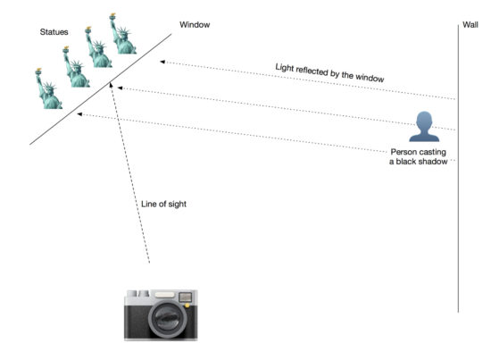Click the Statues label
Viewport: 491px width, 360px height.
[x=54, y=32]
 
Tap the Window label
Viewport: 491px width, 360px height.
[x=195, y=25]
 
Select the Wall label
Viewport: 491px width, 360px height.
[x=470, y=25]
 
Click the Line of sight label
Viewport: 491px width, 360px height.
[x=163, y=204]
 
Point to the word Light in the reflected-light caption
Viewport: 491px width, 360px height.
[x=285, y=68]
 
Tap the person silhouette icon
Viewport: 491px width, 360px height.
[x=424, y=127]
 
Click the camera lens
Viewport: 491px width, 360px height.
[x=168, y=319]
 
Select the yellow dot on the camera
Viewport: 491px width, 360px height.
[x=187, y=306]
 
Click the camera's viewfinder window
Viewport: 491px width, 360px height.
[x=185, y=297]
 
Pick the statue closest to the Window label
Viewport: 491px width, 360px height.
[x=122, y=34]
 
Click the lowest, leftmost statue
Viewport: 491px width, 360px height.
[x=48, y=88]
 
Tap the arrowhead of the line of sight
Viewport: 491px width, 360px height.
[x=111, y=84]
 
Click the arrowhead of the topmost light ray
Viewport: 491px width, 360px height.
[x=162, y=62]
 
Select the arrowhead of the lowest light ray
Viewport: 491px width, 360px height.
[x=79, y=114]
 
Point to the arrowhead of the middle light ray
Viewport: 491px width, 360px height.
[x=120, y=88]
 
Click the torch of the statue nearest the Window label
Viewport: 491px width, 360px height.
[x=112, y=16]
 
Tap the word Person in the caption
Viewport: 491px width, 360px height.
[x=401, y=152]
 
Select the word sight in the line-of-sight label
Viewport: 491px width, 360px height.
[x=178, y=205]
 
